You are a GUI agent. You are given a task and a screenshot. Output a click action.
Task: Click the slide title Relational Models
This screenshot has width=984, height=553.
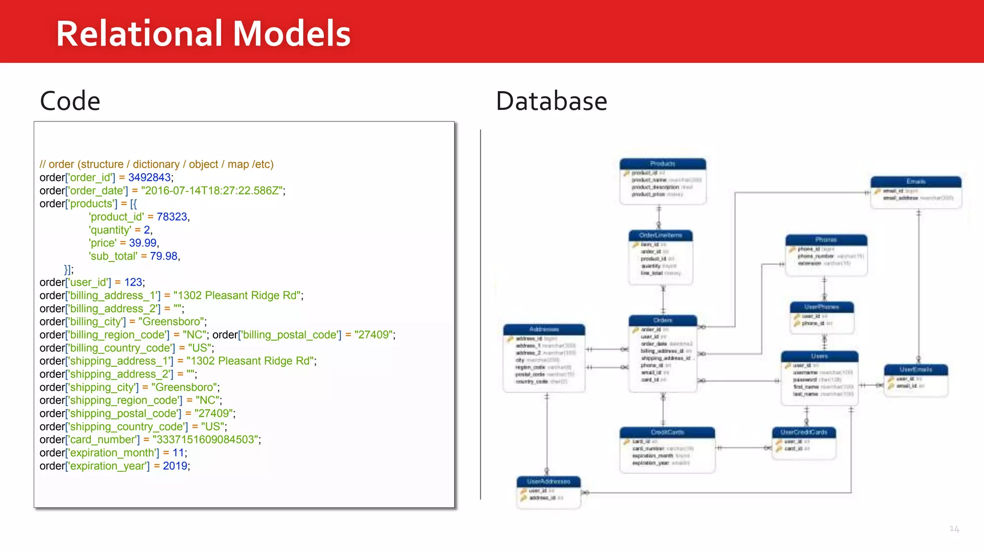[203, 34]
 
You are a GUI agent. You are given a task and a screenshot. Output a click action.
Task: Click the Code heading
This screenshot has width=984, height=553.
[70, 101]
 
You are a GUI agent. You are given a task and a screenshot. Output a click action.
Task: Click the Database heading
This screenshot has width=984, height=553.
[551, 101]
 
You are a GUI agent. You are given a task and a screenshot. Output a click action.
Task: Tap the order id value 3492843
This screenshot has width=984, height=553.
[149, 178]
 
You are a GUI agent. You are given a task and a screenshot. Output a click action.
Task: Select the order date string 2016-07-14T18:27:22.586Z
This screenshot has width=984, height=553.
[211, 191]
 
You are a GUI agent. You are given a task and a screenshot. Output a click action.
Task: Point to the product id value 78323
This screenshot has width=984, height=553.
[172, 217]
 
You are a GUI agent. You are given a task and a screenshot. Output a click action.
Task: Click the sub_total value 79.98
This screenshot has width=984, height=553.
[163, 256]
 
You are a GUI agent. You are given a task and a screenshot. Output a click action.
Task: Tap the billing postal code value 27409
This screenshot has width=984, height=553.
[373, 335]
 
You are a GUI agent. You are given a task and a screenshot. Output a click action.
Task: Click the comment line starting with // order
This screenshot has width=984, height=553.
[156, 164]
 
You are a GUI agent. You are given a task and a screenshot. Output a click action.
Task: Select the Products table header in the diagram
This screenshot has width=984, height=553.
[663, 164]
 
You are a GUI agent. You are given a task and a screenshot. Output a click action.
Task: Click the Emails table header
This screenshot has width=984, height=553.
[916, 181]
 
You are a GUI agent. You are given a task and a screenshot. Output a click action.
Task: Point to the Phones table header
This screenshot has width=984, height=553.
[826, 240]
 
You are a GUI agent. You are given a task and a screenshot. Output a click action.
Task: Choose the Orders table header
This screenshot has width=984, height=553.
[663, 320]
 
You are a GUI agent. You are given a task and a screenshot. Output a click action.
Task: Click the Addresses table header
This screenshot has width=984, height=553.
[544, 329]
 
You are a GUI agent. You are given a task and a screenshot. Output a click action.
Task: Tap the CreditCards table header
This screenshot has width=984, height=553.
[667, 432]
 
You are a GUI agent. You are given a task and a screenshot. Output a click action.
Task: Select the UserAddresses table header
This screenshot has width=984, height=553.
[548, 481]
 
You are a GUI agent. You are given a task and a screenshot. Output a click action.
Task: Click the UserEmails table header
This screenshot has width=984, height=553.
[916, 370]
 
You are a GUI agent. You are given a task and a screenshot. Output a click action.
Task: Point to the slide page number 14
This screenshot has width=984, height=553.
[954, 529]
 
